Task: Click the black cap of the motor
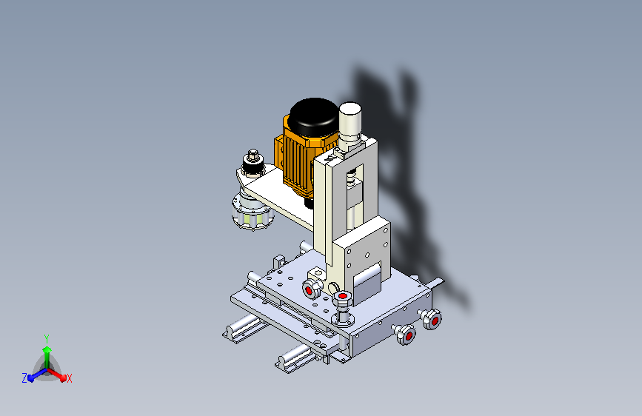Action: (314, 116)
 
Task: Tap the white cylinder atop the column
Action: (350, 118)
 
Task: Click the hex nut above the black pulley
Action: (253, 154)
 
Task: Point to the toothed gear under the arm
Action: (253, 213)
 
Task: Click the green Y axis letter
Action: (47, 339)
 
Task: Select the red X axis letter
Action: (69, 379)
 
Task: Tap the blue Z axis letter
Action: (24, 378)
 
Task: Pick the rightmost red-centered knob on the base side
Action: (432, 319)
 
